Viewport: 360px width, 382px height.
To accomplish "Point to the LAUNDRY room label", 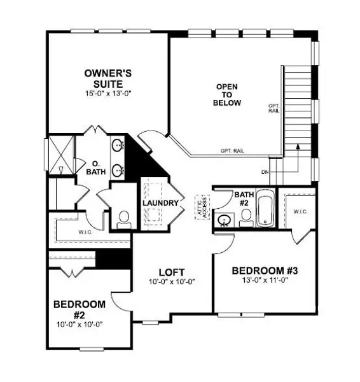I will click(160, 202).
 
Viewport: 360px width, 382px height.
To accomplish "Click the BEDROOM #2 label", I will click(79, 309).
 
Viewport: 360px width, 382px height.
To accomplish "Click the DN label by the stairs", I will click(265, 173).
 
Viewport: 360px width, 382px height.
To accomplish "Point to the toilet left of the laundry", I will click(124, 218).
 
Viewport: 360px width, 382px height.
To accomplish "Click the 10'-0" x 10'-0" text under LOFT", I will click(171, 281).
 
